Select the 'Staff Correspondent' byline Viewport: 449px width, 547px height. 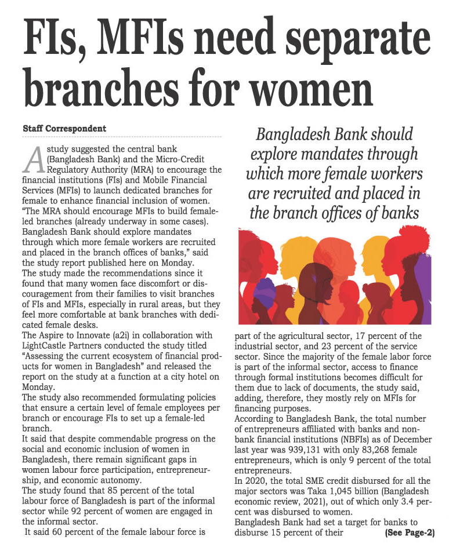(x=64, y=127)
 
